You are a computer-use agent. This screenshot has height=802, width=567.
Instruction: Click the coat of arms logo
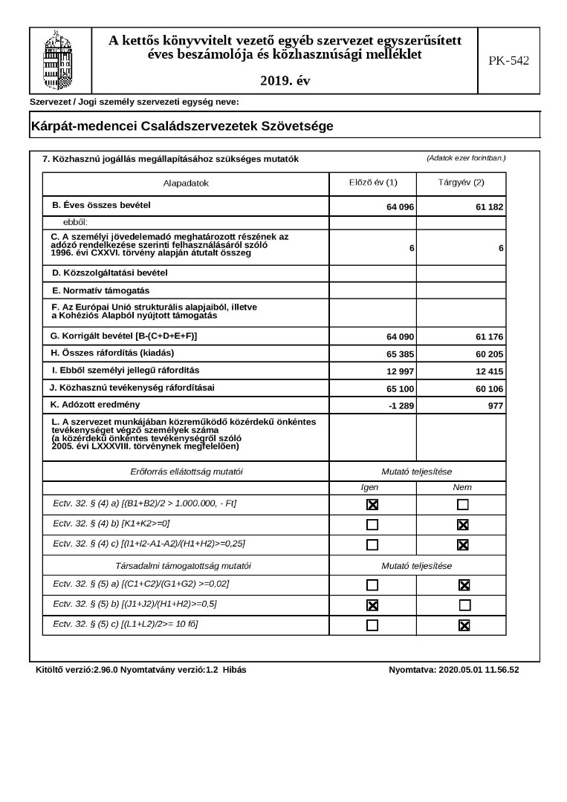[x=60, y=60]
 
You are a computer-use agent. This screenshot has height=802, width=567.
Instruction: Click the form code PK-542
[x=508, y=61]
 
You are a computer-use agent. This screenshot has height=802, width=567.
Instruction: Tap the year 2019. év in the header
[x=285, y=80]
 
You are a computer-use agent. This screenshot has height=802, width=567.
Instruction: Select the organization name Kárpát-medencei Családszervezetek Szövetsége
[x=182, y=126]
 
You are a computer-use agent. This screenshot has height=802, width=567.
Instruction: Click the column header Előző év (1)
[x=373, y=183]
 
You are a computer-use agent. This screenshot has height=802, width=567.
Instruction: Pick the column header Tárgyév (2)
[x=461, y=183]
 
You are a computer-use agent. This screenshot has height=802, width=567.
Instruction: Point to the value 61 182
[x=489, y=207]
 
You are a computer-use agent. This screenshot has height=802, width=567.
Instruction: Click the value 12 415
[x=489, y=371]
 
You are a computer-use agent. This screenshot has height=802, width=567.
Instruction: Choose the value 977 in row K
[x=495, y=405]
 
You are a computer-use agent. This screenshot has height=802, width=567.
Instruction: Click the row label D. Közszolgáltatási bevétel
[x=110, y=273]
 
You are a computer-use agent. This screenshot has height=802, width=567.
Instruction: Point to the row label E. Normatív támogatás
[x=101, y=290]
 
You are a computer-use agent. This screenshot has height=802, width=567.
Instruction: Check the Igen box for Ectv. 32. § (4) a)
[x=372, y=505]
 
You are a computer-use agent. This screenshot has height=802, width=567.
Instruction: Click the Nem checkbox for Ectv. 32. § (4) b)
[x=463, y=525]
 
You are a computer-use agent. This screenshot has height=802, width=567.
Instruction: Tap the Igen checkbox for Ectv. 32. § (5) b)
[x=372, y=605]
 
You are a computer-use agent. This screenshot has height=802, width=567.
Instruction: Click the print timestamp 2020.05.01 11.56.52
[x=479, y=670]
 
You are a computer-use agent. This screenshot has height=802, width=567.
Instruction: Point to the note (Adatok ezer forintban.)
[x=466, y=158]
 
